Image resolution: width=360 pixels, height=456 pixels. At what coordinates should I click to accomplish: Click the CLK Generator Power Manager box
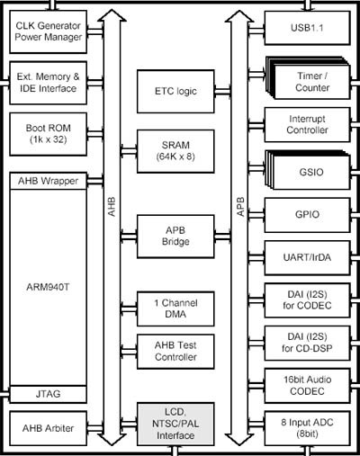coord(49,31)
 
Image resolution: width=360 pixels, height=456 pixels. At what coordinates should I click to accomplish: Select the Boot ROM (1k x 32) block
coord(49,134)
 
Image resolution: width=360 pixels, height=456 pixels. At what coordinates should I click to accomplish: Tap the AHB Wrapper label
coord(48,181)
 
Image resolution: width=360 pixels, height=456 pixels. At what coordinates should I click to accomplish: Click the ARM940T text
coord(48,287)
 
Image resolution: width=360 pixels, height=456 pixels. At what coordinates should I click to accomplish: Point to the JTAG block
coord(49,394)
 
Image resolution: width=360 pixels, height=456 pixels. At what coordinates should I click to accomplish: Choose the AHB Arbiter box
coord(49,428)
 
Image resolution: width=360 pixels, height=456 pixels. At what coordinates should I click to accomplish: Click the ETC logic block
coord(175,91)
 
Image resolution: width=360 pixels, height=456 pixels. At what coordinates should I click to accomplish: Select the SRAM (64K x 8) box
coord(175,151)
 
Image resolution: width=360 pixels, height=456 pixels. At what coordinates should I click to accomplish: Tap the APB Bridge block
coord(175,237)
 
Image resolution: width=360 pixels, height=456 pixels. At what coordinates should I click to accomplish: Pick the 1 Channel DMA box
coord(175,308)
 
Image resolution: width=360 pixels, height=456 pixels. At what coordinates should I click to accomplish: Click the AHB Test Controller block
coord(175,352)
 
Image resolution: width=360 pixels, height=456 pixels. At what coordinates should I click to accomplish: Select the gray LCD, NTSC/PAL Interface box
coord(175,424)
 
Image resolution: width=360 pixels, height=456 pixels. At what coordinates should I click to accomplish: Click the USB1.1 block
coord(307,28)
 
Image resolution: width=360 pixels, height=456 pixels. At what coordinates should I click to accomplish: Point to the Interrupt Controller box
coord(307,125)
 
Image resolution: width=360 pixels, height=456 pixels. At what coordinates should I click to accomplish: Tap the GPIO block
coord(307,215)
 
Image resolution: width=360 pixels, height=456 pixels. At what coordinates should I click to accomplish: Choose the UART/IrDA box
coord(307,257)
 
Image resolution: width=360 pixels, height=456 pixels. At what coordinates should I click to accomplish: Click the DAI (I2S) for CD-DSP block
coord(307,343)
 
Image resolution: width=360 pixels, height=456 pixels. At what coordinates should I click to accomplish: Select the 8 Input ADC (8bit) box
coord(307,428)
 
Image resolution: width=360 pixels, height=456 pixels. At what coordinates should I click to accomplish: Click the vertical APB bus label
coord(240,207)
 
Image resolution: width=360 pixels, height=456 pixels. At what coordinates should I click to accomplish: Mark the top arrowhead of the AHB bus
coord(112,10)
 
